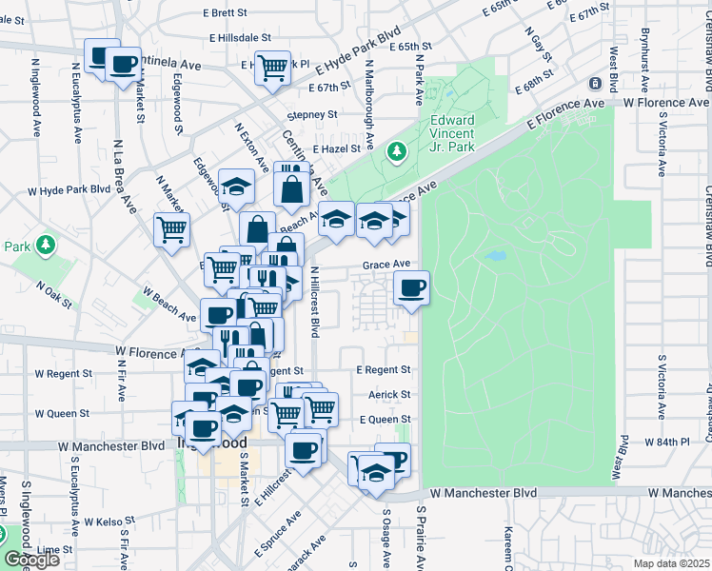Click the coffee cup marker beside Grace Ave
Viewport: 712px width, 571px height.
[x=410, y=287]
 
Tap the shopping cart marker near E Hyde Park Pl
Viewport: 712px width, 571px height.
[x=272, y=67]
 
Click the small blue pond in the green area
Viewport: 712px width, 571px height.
[x=494, y=256]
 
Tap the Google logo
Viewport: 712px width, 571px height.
[x=30, y=560]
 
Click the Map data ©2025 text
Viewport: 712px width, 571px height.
[x=671, y=563]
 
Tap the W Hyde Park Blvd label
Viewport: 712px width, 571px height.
[x=69, y=189]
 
